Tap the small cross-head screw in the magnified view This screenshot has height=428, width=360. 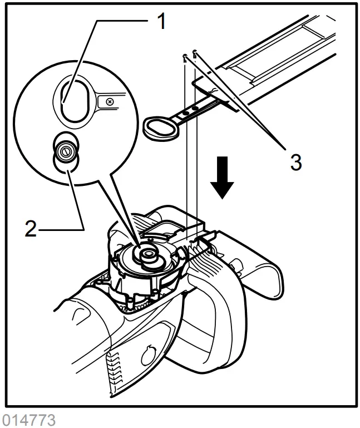point(110,102)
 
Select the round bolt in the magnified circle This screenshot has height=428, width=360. point(66,150)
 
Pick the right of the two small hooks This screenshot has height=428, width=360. point(195,54)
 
